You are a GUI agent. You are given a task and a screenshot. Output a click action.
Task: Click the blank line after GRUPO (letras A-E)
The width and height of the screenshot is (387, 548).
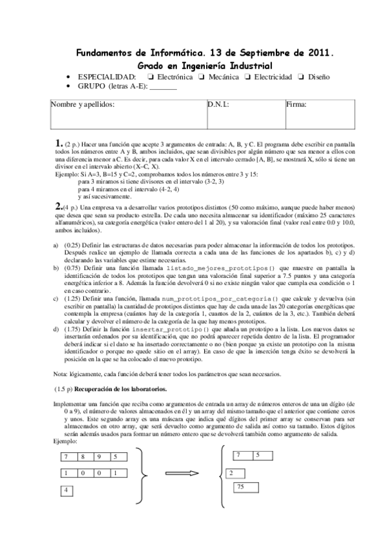(163, 86)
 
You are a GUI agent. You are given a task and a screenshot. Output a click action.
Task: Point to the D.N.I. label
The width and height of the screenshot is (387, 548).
(218, 104)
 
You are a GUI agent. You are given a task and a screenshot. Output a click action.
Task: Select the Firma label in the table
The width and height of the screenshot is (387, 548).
(296, 104)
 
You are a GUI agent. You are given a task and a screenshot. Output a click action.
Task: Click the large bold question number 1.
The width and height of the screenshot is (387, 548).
(59, 143)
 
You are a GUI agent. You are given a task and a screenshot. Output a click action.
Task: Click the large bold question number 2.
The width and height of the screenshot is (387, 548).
(59, 205)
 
